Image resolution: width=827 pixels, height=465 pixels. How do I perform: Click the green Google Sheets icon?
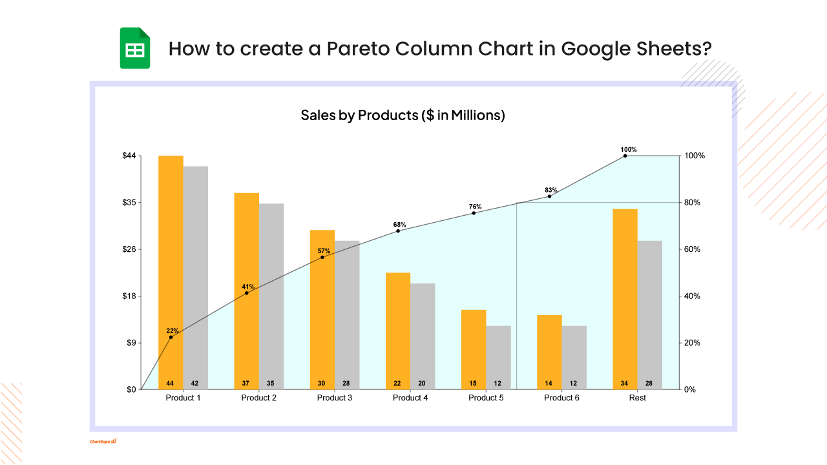click(135, 48)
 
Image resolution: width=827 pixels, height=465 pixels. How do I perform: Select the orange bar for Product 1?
click(171, 271)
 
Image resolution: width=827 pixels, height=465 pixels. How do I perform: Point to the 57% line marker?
click(322, 257)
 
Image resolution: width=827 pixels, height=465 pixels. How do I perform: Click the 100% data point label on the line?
click(628, 150)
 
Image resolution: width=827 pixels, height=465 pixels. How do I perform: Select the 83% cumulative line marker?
click(549, 196)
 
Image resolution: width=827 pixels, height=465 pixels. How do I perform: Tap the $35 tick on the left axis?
click(129, 203)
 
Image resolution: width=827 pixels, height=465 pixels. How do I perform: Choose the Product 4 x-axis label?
click(410, 398)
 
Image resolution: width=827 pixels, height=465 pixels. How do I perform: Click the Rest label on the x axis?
click(637, 398)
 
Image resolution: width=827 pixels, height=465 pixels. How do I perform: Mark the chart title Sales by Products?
click(403, 116)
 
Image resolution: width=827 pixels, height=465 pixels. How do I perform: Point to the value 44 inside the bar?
click(170, 383)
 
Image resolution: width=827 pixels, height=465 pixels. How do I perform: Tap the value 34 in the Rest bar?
click(624, 383)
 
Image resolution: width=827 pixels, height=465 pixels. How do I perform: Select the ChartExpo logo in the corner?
click(103, 442)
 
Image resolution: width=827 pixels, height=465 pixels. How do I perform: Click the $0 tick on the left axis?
click(131, 389)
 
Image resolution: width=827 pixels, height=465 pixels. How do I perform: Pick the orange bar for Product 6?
click(549, 351)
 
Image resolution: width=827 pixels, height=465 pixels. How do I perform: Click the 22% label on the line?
click(173, 331)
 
